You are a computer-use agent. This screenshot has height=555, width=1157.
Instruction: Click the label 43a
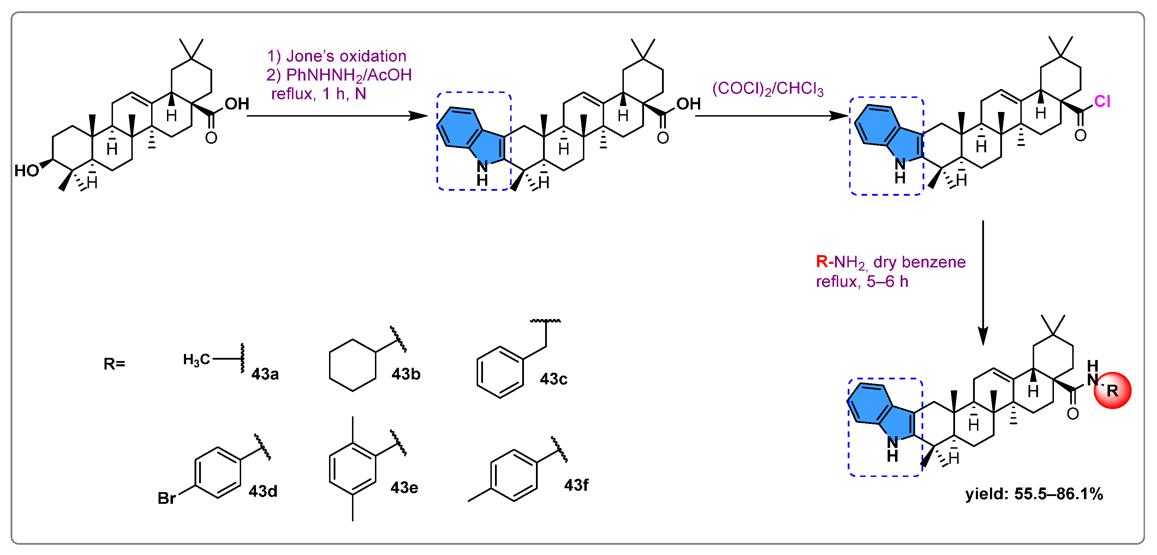265,374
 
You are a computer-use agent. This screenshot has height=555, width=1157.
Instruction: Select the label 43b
406,374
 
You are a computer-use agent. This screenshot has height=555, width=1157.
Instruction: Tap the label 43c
553,379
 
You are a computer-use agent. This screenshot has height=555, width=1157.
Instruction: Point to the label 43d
263,491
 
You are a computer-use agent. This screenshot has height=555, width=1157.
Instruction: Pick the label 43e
404,488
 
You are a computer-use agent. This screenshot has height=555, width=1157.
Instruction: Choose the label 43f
576,485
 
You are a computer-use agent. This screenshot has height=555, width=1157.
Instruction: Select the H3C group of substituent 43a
196,360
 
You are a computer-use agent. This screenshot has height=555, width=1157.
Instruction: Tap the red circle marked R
1112,390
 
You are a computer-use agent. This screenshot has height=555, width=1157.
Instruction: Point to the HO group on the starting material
26,171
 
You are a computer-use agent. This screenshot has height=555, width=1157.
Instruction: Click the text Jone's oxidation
346,56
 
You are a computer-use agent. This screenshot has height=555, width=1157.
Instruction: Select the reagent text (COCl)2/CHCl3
768,89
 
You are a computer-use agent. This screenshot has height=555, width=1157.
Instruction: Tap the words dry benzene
919,262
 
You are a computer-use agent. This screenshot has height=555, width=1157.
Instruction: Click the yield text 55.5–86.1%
1058,494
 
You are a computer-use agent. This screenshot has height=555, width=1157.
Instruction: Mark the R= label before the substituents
114,364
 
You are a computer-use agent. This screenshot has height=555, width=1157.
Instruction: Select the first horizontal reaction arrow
337,116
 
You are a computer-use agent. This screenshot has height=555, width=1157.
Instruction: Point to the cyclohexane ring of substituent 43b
353,365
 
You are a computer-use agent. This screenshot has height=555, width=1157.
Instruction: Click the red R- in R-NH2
824,261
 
